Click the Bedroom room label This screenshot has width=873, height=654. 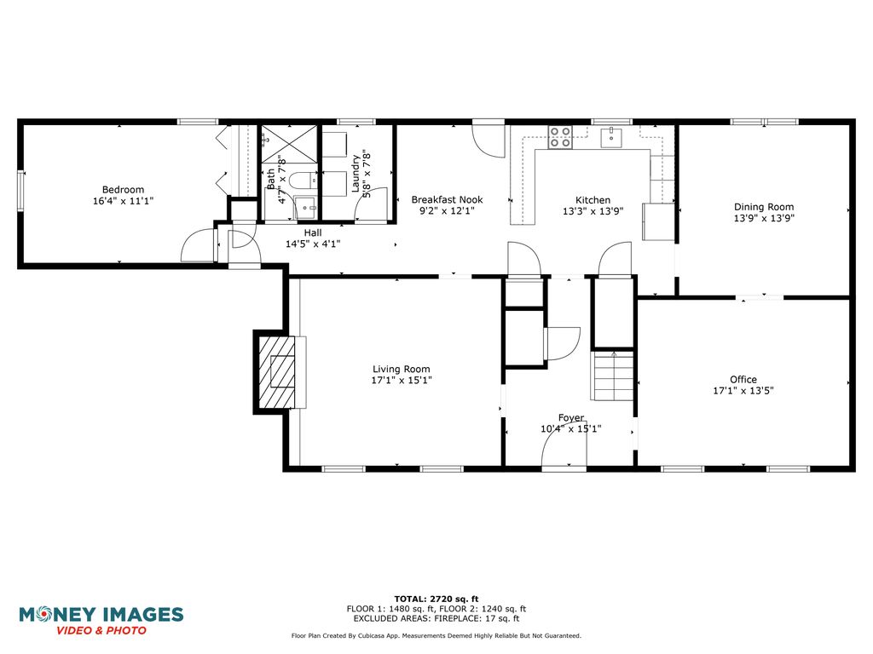pos(123,190)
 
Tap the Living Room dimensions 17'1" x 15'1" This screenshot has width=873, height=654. pos(402,381)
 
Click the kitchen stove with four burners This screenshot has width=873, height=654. pos(560,137)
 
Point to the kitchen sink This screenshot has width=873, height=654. pos(611,137)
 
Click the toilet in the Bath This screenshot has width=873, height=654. pos(302,181)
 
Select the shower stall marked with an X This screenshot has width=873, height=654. pos(290,144)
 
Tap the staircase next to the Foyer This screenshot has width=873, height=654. pos(612,376)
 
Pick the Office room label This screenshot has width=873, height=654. pos(743,379)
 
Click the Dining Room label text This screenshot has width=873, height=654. pos(764,207)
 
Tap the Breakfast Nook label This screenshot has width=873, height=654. pos(447,199)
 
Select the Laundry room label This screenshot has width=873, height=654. pos(356,174)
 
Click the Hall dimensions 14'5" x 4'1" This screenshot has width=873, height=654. pos(313,244)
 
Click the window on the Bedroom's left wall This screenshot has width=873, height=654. pos(21,191)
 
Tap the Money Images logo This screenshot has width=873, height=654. pos(101,620)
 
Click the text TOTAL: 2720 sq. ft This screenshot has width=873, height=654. pos(436,599)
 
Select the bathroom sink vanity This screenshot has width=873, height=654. pos(306,207)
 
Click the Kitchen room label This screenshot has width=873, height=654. pos(593,200)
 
